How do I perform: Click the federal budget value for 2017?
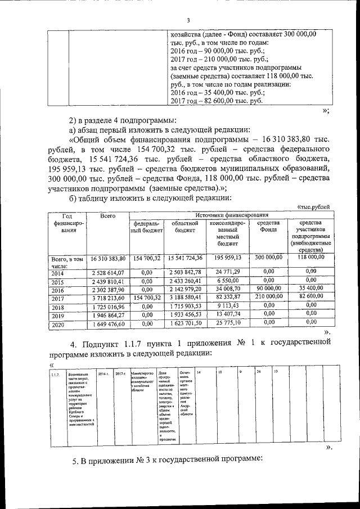[x=147, y=298]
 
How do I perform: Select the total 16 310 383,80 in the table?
[x=107, y=258]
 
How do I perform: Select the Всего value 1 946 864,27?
[x=107, y=316]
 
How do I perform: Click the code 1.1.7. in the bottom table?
[x=56, y=374]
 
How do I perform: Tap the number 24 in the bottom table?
[x=258, y=372]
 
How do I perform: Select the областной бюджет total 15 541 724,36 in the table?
[x=184, y=258]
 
